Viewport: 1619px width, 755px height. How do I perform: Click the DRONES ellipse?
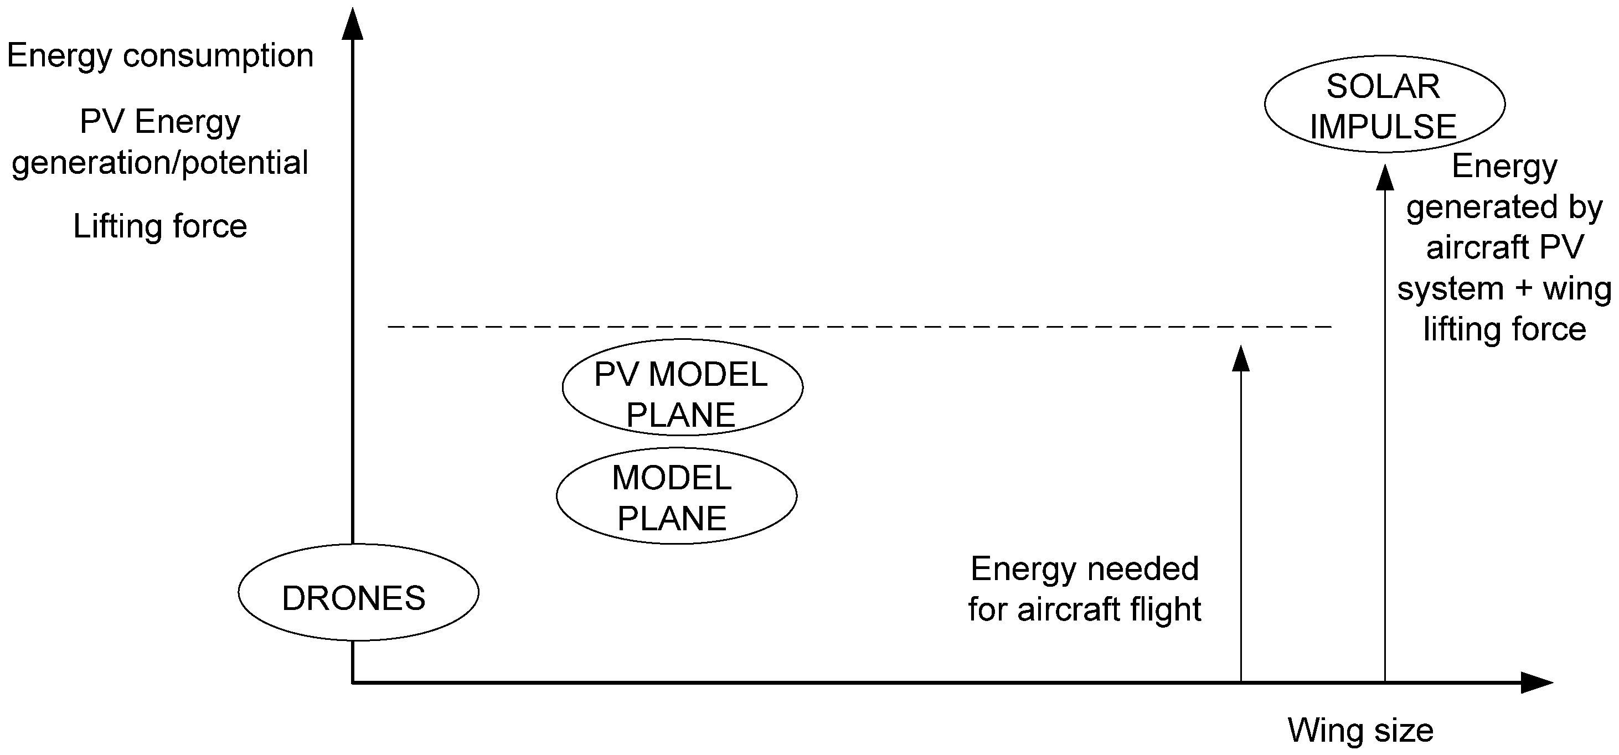click(x=358, y=592)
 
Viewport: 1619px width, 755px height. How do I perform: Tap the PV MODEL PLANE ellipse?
click(x=682, y=387)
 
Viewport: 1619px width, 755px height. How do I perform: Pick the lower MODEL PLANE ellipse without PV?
click(x=676, y=496)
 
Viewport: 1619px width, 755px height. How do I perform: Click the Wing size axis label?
click(x=1360, y=731)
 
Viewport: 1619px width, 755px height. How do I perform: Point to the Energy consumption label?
click(x=160, y=56)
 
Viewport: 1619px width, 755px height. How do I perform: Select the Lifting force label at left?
click(x=160, y=226)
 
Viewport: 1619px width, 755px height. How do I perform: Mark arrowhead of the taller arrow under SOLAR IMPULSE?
click(x=1385, y=178)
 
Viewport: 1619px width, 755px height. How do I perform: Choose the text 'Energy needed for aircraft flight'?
click(x=1085, y=589)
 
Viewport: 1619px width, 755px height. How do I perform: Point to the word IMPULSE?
click(x=1383, y=127)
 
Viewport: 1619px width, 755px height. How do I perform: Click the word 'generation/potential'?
click(x=160, y=163)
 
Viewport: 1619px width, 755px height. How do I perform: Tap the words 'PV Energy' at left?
click(x=160, y=121)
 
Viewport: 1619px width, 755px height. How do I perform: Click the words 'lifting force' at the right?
click(x=1504, y=329)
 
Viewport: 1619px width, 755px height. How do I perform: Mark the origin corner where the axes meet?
click(x=353, y=682)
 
